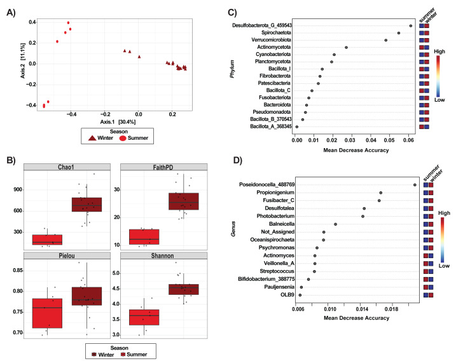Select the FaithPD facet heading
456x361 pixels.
pos(173,167)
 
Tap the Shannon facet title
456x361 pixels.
pos(173,256)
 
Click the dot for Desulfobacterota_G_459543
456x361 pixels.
pos(411,25)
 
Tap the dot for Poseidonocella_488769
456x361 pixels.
pos(415,185)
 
